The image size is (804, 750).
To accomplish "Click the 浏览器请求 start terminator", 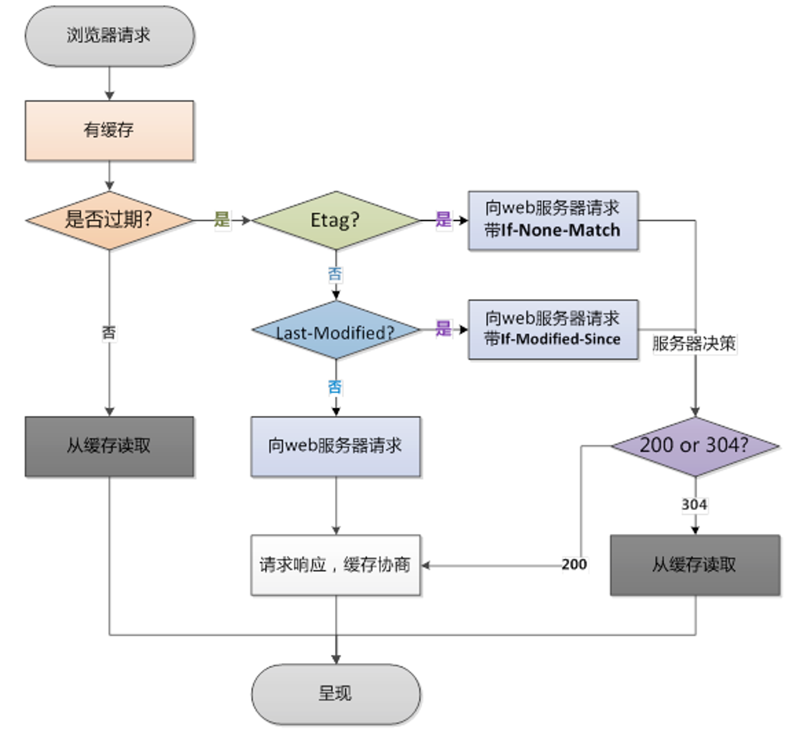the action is coord(110,36).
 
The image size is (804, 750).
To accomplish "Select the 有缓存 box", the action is coord(109,131).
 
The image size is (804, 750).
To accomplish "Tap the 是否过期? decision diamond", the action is coord(109,220).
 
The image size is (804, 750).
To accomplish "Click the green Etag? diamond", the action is coord(336,220).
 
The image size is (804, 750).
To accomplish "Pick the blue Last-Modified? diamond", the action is coord(336,330).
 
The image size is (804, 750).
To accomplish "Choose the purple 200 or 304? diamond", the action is coord(695,447).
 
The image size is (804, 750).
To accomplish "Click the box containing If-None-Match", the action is coord(553,221).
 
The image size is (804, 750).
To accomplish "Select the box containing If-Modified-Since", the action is coord(553,329).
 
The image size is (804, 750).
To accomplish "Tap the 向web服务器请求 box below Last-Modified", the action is coord(336,447).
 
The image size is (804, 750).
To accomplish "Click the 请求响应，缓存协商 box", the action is coord(336,565).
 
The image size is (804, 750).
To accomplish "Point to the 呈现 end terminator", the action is coord(336,694).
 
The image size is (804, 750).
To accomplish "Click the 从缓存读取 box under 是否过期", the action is coord(109,447).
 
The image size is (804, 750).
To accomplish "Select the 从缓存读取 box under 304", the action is coord(695,565).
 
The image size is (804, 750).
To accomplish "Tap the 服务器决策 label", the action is coord(694,344).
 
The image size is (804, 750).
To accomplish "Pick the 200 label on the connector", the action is coord(574,564).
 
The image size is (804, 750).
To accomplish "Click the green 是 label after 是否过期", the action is coord(222,219).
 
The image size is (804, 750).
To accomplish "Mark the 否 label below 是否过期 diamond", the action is coord(109,333).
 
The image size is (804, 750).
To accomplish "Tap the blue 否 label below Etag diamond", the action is coord(335,274).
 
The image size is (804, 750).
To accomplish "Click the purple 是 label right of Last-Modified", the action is coord(444,328).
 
